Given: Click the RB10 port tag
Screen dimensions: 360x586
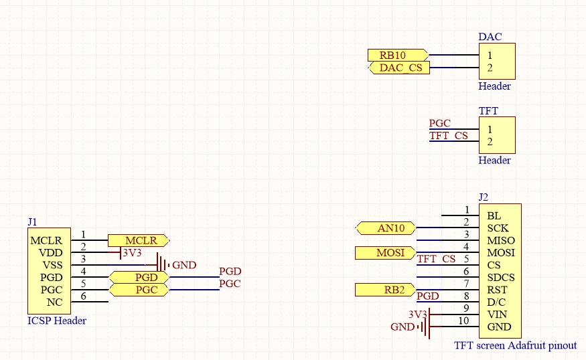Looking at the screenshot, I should click(x=397, y=55).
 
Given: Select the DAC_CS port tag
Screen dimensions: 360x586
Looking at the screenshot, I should click(x=399, y=68).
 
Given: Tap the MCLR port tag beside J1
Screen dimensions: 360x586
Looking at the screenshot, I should click(x=140, y=240).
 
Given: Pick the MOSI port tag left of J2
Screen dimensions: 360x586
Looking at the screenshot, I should click(x=385, y=253).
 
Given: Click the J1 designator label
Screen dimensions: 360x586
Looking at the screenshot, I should click(x=32, y=221).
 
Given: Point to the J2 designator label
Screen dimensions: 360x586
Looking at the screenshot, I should click(x=484, y=197).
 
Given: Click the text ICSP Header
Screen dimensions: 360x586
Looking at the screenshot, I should click(x=57, y=321).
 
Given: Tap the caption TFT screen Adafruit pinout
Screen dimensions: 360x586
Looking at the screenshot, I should click(x=515, y=345).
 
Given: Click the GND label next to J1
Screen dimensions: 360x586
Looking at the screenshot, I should click(x=184, y=265).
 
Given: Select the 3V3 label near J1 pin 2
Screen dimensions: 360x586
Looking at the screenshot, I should click(x=132, y=252).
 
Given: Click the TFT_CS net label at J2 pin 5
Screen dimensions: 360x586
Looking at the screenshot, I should click(x=436, y=259).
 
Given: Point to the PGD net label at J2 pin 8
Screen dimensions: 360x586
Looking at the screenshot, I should click(x=428, y=296).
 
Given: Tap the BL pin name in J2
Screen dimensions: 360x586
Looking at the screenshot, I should click(x=494, y=216).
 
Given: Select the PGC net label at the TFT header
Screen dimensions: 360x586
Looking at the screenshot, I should click(x=440, y=123).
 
